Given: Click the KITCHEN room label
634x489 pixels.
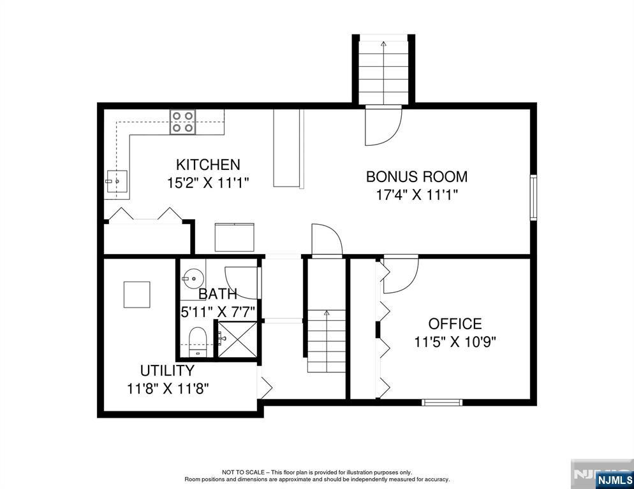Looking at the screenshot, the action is point(208,165).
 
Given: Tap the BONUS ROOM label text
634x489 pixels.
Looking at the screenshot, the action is point(417,177).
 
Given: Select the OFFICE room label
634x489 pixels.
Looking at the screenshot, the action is point(455,324).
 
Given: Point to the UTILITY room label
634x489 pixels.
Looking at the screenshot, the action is point(167,371).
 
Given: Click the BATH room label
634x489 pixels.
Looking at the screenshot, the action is point(218,294).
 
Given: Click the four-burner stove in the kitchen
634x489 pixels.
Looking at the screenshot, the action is point(183,122).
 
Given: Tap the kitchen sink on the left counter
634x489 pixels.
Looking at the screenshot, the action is point(117,181).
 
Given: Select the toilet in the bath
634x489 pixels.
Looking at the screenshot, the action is point(198,342).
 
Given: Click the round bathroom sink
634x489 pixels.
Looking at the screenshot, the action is point(193,278).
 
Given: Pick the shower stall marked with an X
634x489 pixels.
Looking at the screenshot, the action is point(237,339).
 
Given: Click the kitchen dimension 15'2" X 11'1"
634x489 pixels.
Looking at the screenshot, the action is point(208,183).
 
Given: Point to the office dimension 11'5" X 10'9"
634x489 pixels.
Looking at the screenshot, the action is point(455,342).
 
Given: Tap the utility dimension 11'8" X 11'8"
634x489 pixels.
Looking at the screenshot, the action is point(168,388).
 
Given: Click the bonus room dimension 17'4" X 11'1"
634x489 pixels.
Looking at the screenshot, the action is point(417,195).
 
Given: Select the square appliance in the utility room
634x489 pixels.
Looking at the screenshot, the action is point(136,295).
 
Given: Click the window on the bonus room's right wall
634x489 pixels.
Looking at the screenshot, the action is point(534,197).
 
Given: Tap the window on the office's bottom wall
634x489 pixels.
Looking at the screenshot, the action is point(442,402).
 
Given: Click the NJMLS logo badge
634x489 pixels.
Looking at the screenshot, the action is point(614,479).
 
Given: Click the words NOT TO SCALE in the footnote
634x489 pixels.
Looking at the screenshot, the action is point(243,472).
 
